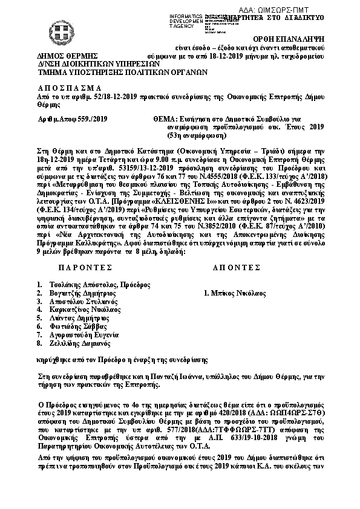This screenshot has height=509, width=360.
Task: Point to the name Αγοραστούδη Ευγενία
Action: pyautogui.click(x=80, y=334)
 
